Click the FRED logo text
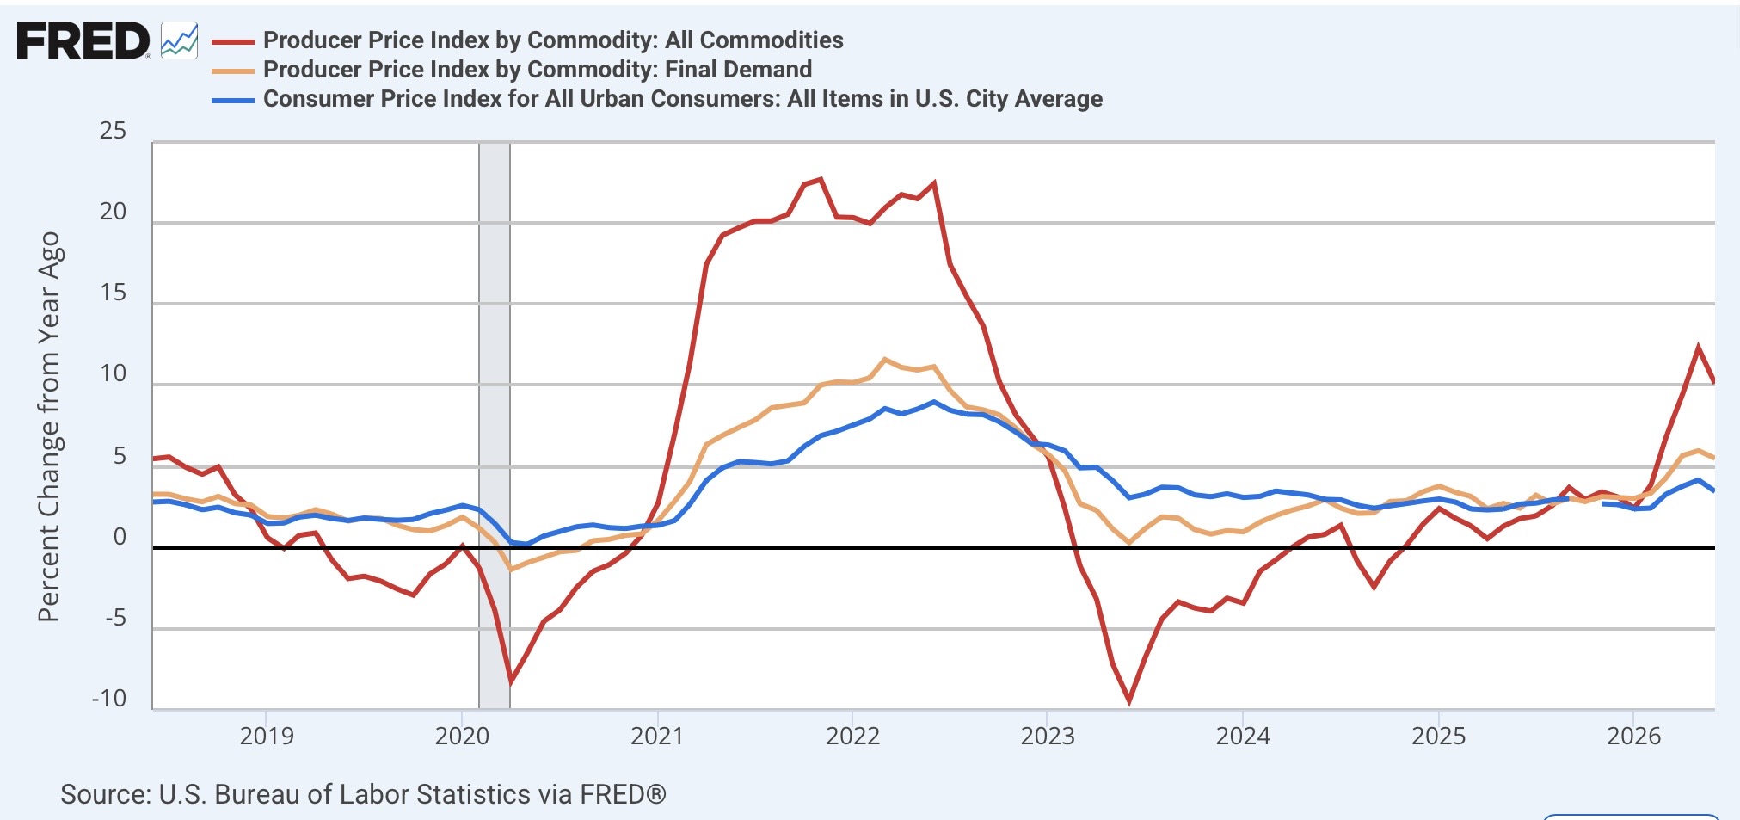point(83,41)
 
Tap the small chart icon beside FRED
point(180,40)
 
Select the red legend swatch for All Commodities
point(233,41)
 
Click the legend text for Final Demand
point(538,70)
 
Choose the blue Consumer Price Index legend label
point(683,99)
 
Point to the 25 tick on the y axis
point(113,131)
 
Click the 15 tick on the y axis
point(113,293)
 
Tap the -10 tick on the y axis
point(109,698)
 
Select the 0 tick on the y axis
point(120,537)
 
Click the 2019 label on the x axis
point(267,737)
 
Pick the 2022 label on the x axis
point(852,737)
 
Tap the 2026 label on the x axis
point(1633,737)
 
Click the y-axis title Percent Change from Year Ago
point(49,426)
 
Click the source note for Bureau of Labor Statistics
point(363,794)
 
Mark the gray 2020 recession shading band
point(495,426)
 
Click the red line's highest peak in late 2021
point(821,179)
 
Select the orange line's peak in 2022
point(885,359)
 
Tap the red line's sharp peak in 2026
point(1699,348)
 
